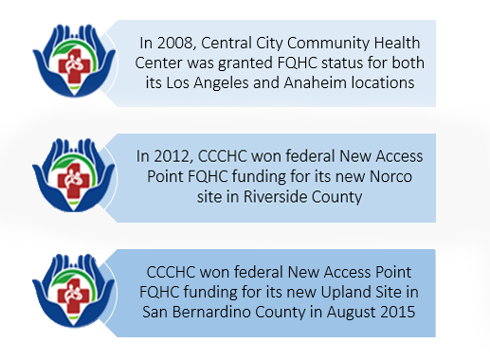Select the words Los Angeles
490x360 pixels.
pos(233,83)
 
